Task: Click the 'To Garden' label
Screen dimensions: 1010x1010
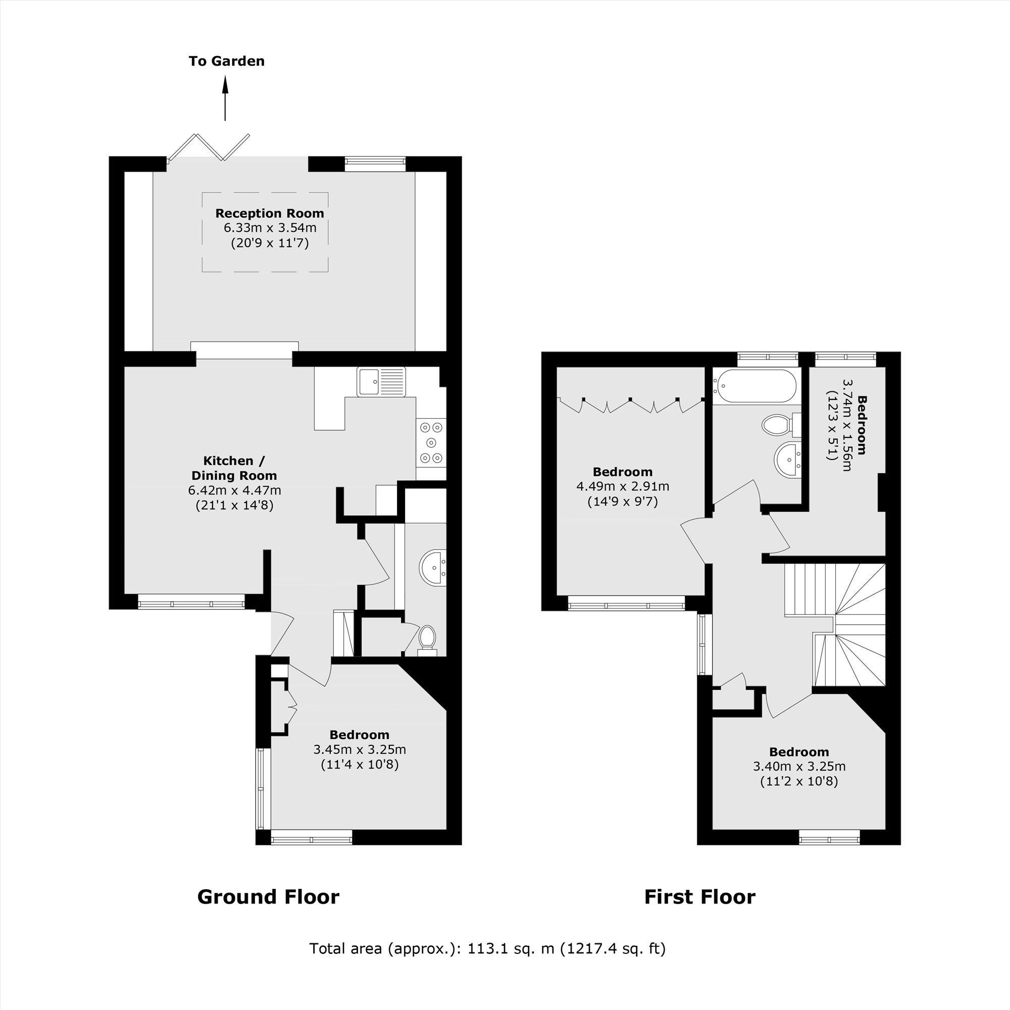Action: [226, 61]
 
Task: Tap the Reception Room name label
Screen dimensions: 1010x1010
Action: [269, 213]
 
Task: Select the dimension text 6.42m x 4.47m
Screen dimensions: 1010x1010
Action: [234, 490]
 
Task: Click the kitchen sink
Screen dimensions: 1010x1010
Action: [381, 382]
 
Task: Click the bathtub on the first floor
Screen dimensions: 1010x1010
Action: [756, 386]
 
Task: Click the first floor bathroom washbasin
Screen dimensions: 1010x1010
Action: [787, 460]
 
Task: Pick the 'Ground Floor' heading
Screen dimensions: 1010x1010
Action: [268, 897]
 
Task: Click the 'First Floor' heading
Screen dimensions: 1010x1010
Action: [699, 897]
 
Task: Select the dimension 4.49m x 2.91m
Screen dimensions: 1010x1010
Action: [623, 486]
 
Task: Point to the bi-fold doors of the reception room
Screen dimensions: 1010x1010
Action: [209, 147]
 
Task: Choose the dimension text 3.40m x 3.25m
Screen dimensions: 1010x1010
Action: [799, 767]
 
